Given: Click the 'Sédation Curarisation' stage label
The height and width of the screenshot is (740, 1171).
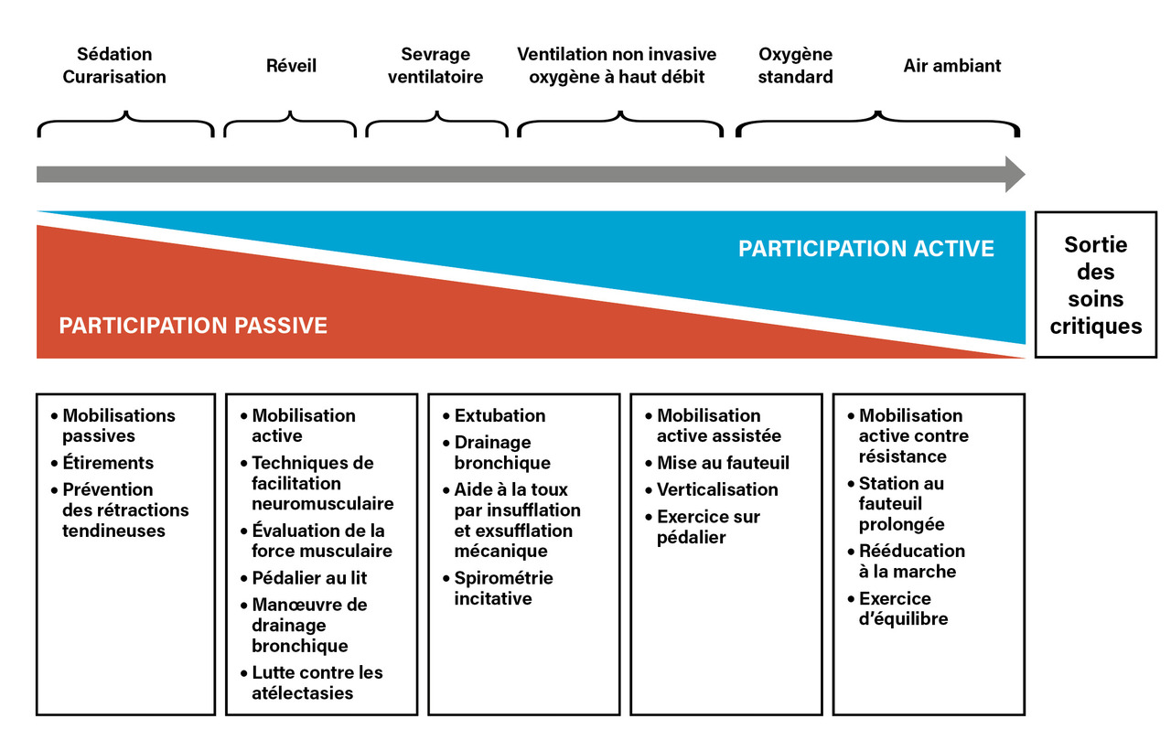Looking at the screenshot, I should tap(114, 66).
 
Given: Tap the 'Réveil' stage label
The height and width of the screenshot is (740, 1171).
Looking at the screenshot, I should tap(291, 66).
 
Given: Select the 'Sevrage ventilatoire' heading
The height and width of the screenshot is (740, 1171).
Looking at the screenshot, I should tap(435, 66).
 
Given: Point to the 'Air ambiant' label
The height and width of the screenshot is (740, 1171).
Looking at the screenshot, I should tap(951, 66).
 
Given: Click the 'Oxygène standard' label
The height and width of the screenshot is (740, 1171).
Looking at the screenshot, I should tap(795, 66).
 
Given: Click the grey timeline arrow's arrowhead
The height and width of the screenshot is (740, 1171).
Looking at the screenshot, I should tap(1015, 174).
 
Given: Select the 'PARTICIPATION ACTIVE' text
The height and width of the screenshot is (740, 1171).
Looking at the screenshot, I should tap(865, 249).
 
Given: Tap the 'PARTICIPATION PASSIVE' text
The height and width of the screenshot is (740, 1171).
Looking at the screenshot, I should tap(193, 326).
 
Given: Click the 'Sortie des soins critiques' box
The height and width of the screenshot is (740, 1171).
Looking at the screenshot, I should tap(1095, 284).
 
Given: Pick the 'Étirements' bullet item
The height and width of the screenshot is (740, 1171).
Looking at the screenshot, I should tap(108, 463).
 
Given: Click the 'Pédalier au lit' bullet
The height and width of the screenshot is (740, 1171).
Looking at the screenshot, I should tap(309, 578).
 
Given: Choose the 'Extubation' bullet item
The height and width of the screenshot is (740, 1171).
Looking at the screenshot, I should tap(500, 415).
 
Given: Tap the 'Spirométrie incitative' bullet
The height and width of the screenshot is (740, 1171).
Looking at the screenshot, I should tap(503, 588).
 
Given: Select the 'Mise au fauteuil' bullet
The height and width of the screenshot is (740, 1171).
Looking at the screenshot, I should tap(723, 463).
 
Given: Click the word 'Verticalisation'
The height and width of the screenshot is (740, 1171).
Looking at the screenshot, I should tap(717, 489).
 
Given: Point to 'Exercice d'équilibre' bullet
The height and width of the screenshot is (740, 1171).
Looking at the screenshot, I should tap(902, 608).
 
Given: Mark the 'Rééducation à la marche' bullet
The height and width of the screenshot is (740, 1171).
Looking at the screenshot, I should tap(911, 561).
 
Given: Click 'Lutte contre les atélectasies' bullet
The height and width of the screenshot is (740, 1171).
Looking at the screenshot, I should tap(317, 682).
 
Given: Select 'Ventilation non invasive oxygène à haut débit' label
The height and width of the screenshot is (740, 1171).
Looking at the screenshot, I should tap(617, 66).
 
